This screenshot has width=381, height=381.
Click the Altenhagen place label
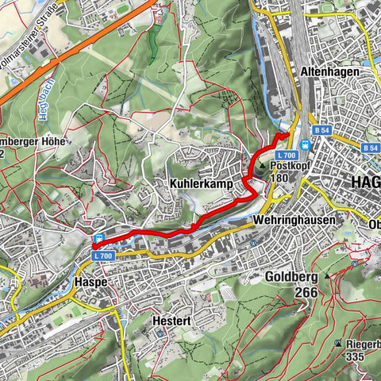click(x=331, y=71)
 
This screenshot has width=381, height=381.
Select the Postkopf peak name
click(x=292, y=167)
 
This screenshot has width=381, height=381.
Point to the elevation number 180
click(x=280, y=179)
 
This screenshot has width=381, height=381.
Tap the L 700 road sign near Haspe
click(x=104, y=256)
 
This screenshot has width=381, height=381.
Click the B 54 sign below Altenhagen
click(x=321, y=129)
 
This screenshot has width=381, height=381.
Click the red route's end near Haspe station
click(x=94, y=248)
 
